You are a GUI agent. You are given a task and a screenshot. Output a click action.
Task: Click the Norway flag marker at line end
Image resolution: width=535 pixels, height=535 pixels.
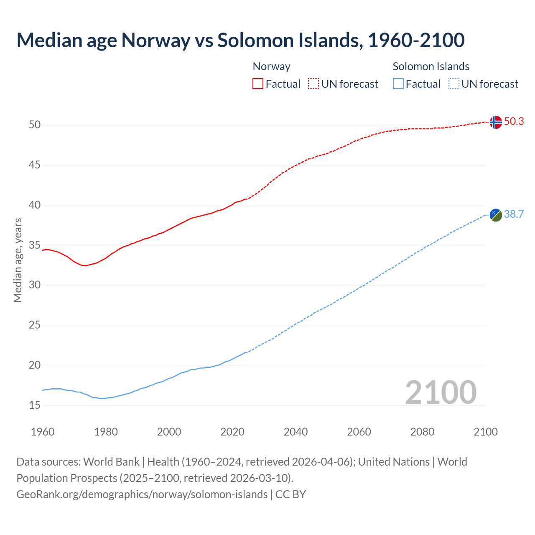point(495,122)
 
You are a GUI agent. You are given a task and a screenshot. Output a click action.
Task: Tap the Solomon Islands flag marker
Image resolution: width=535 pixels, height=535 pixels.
point(495,215)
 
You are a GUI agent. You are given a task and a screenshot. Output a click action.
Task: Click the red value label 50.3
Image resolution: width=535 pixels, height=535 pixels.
point(514,122)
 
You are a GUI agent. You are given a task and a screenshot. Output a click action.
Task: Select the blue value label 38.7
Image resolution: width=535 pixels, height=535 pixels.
point(514,214)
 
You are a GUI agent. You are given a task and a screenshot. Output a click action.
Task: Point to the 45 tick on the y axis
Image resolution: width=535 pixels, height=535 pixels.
point(35,165)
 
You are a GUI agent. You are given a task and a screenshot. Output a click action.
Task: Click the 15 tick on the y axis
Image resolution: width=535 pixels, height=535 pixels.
point(35,405)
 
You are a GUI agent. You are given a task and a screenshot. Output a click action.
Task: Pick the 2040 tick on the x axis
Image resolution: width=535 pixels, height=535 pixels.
point(296,432)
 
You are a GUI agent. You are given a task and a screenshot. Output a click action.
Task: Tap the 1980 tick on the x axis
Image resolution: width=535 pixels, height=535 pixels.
point(106,432)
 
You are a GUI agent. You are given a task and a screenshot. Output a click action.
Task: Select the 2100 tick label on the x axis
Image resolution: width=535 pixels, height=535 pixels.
point(485,432)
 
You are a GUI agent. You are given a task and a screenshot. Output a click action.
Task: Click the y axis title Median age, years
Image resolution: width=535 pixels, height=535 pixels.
point(18,260)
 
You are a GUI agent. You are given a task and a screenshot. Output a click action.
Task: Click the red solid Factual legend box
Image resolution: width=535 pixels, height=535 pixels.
point(258,84)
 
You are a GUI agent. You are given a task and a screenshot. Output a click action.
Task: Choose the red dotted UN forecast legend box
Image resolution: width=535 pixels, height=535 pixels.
point(313,84)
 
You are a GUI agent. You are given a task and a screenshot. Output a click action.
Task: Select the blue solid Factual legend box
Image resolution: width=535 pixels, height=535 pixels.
point(398,84)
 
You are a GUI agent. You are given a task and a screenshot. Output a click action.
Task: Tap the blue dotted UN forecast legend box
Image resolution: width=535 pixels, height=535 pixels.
point(453,84)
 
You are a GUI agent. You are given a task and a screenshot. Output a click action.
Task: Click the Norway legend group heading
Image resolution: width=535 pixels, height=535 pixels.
point(271,66)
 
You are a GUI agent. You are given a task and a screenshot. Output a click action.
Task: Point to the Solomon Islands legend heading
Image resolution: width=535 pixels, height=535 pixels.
point(431,66)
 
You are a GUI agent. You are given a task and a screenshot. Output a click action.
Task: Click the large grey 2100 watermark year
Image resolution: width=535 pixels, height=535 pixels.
point(441,392)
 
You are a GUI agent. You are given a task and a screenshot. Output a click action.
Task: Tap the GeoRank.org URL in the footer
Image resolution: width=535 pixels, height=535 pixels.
point(142,494)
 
